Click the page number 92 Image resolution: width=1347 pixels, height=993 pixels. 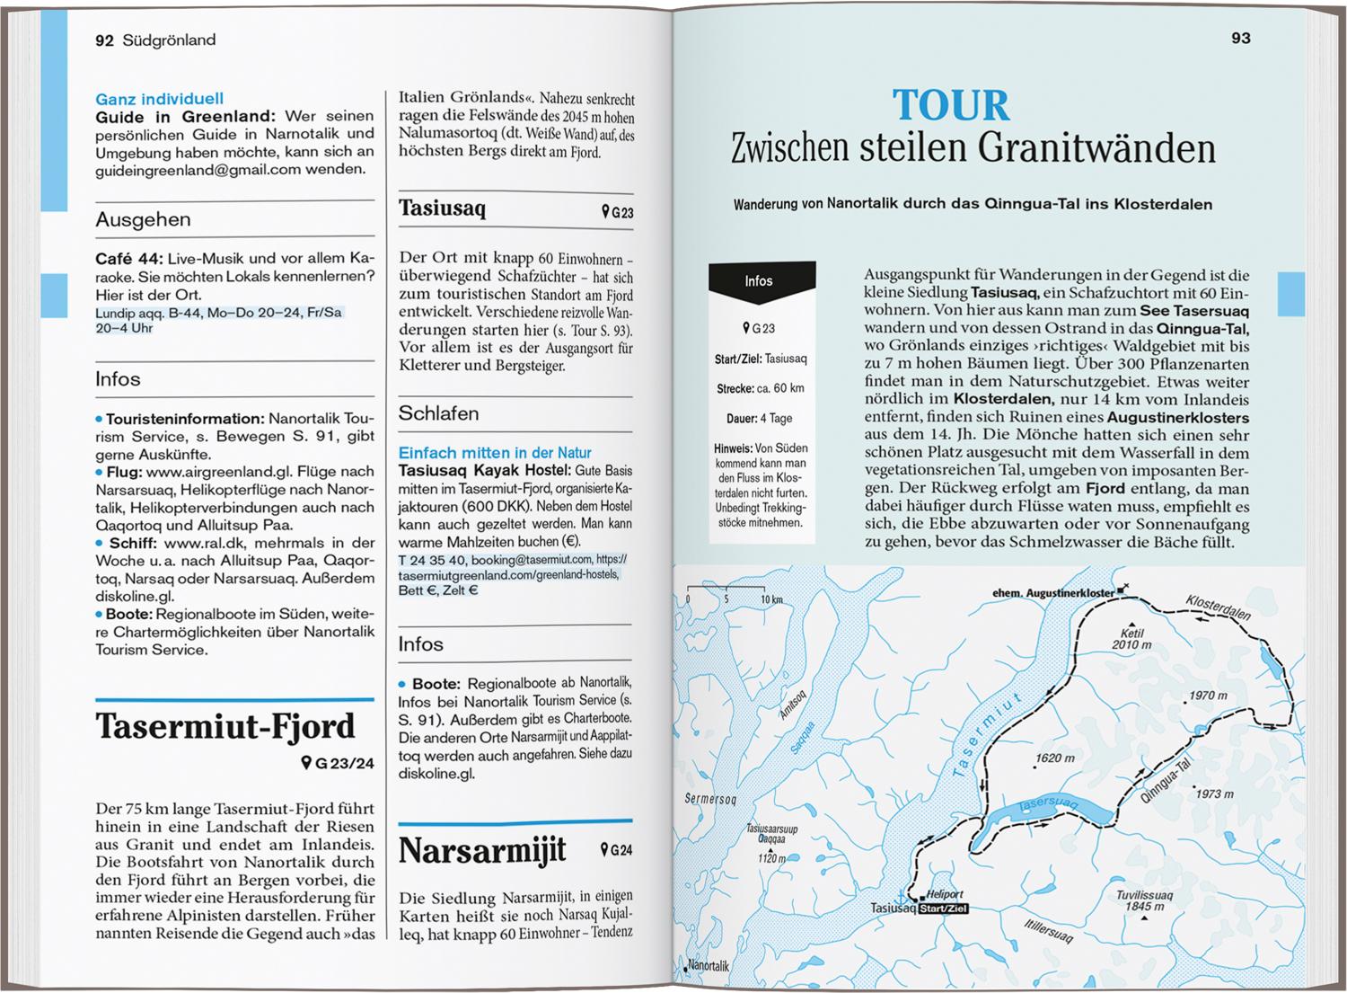pos(104,40)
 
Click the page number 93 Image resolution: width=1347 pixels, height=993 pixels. pos(1241,38)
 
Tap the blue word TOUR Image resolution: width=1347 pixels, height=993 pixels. pos(951,105)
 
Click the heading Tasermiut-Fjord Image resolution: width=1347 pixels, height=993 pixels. pos(225,726)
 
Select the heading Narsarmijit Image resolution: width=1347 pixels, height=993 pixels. pos(482,850)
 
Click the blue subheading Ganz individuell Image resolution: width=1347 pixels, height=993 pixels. pos(160,99)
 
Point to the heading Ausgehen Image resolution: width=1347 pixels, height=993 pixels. pos(143,219)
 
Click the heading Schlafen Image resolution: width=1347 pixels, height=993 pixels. pos(438,413)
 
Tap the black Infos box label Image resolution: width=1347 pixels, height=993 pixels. pos(759,281)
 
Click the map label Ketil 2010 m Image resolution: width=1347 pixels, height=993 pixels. pos(1131,638)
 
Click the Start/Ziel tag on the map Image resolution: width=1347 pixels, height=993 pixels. pos(942,909)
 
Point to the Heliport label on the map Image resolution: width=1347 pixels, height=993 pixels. pos(945,895)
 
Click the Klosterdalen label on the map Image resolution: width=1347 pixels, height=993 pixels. pos(1218,607)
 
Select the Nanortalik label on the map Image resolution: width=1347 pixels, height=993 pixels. pos(707,966)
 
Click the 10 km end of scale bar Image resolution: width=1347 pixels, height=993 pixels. pos(771,599)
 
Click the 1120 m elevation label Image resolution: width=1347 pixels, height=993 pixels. pos(771,858)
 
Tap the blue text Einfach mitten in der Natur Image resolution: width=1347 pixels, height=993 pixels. pos(495,453)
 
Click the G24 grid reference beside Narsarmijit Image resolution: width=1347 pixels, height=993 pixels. pos(617,850)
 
